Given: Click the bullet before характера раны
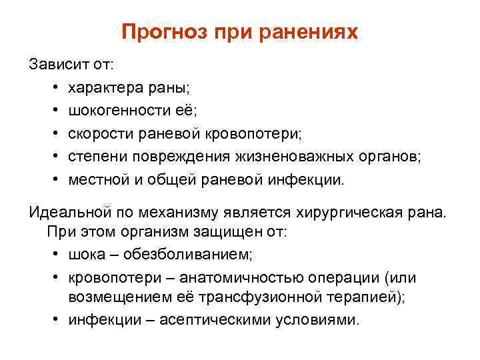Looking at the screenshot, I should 53,88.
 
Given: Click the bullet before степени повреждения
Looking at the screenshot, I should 53,157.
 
